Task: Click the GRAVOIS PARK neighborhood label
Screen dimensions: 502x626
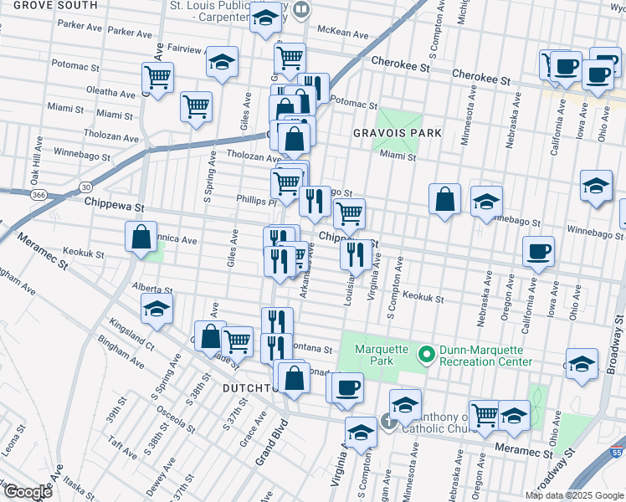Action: (x=385, y=133)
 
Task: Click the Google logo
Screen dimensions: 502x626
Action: (x=27, y=492)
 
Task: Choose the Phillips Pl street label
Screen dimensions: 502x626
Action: (x=256, y=202)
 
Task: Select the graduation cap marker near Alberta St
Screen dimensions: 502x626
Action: (x=157, y=309)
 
